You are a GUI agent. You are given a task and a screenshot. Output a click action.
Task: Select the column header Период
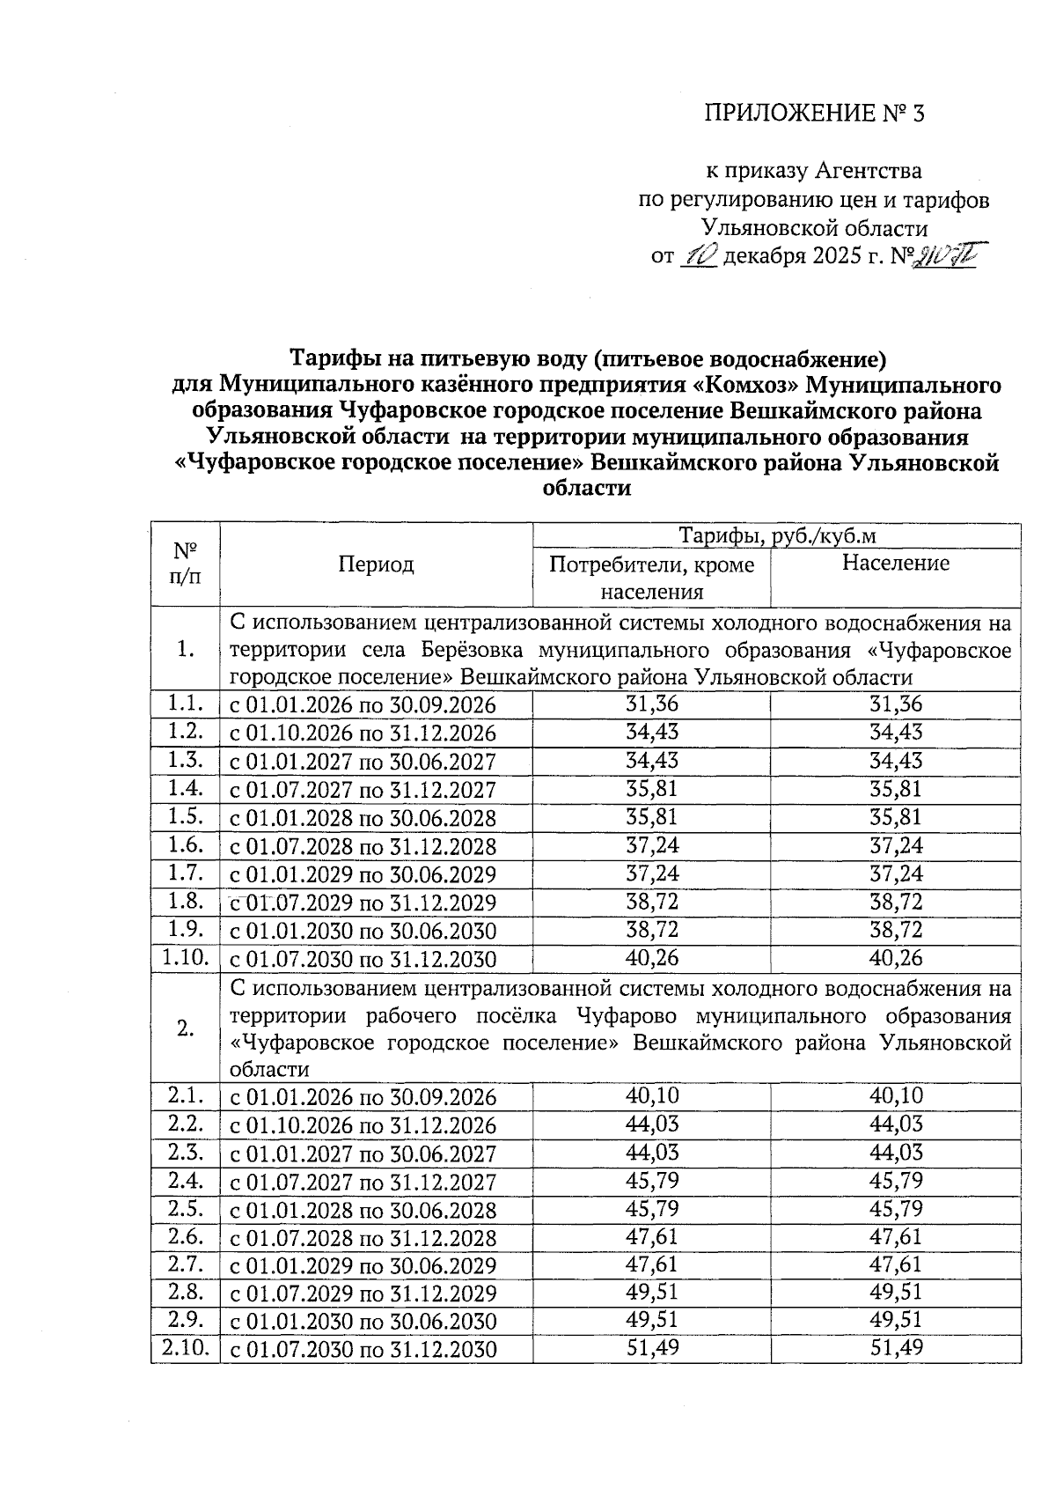point(376,565)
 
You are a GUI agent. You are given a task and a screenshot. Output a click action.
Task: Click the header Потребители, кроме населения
point(651,578)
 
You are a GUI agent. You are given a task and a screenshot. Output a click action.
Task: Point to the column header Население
point(895,564)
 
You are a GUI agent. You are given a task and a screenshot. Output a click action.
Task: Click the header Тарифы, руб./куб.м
point(777,536)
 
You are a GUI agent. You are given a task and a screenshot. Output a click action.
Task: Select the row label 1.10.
point(184,958)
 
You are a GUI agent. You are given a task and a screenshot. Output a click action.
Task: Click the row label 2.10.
point(184,1349)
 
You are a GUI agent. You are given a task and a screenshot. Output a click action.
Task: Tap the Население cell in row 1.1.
point(895,704)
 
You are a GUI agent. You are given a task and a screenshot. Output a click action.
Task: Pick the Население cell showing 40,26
point(895,958)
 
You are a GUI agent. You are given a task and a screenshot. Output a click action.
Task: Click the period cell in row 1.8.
point(363,903)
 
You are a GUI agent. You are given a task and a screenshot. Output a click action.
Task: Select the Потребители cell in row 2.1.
point(651,1096)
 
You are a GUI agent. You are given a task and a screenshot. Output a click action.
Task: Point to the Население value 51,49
point(895,1349)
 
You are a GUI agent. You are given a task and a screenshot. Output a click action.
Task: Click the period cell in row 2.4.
point(363,1182)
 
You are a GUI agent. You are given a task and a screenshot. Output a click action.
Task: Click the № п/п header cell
point(184,564)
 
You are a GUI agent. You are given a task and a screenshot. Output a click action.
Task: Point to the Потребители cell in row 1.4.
point(651,789)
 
